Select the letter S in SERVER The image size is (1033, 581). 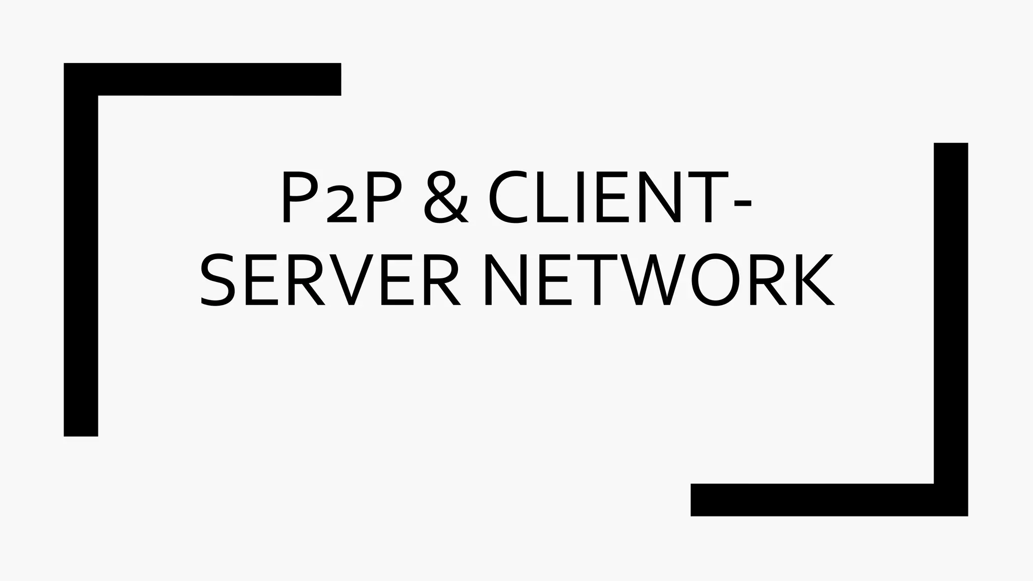pyautogui.click(x=218, y=280)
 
